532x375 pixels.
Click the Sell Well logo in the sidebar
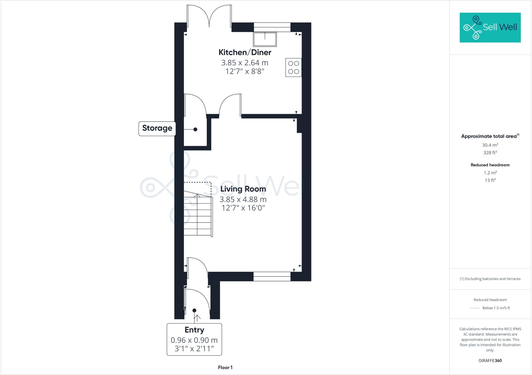point(490,27)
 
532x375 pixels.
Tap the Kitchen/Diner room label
point(245,52)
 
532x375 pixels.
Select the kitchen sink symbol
point(265,39)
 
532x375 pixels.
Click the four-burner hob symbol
point(294,67)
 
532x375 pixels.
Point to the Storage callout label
point(157,128)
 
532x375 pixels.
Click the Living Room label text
point(243,189)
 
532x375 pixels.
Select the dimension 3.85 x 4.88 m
point(243,199)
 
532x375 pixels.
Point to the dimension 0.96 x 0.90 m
point(194,340)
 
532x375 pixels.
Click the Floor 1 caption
point(225,367)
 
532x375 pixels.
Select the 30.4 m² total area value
point(490,145)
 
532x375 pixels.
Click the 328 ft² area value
point(490,153)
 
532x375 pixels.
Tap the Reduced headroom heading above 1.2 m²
point(490,165)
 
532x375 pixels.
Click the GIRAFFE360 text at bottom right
point(490,360)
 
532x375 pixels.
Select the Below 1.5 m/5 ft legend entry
point(496,308)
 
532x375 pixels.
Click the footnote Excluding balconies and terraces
point(490,279)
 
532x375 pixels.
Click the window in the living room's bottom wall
point(272,276)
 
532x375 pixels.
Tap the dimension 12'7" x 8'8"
point(245,71)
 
